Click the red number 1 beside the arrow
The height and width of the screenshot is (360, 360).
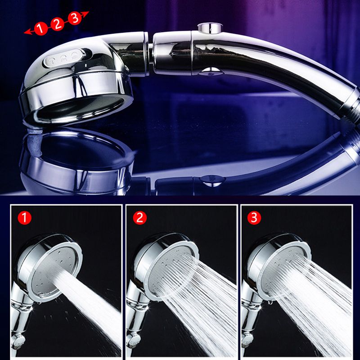(x=41, y=28)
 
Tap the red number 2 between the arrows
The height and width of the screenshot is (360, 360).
(x=57, y=23)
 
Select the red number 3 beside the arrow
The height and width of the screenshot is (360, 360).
(x=74, y=18)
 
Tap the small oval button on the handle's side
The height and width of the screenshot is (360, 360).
(x=210, y=70)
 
